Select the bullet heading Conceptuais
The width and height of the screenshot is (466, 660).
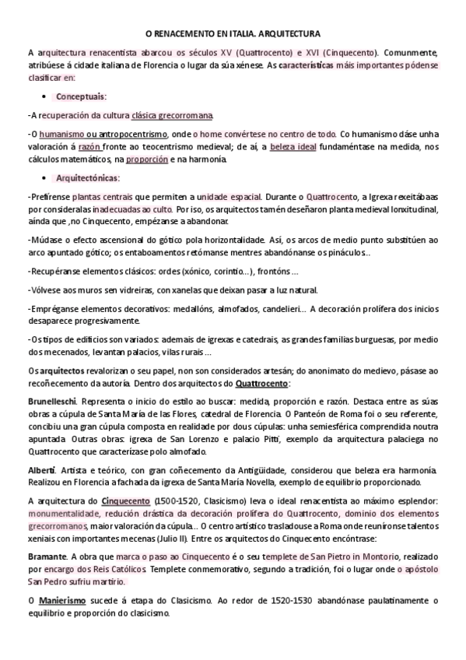[x=81, y=96]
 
